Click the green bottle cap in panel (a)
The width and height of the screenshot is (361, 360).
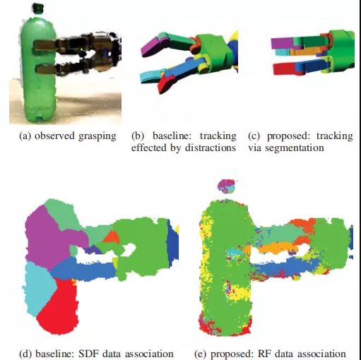pos(38,8)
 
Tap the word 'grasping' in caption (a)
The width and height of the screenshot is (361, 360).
pos(97,136)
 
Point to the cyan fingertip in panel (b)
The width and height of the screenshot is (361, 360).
pos(151,77)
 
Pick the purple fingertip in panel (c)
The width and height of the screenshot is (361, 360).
pos(282,43)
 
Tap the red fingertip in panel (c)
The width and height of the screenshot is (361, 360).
pos(285,68)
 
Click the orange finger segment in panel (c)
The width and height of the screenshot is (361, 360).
pos(304,52)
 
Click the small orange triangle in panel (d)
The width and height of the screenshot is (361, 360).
pos(112,237)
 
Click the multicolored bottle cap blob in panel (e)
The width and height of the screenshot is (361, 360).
pos(227,186)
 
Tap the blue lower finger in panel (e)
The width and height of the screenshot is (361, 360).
pos(283,267)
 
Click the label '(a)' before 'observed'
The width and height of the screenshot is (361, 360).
pos(25,136)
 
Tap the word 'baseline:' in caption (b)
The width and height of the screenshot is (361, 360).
pos(171,136)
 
